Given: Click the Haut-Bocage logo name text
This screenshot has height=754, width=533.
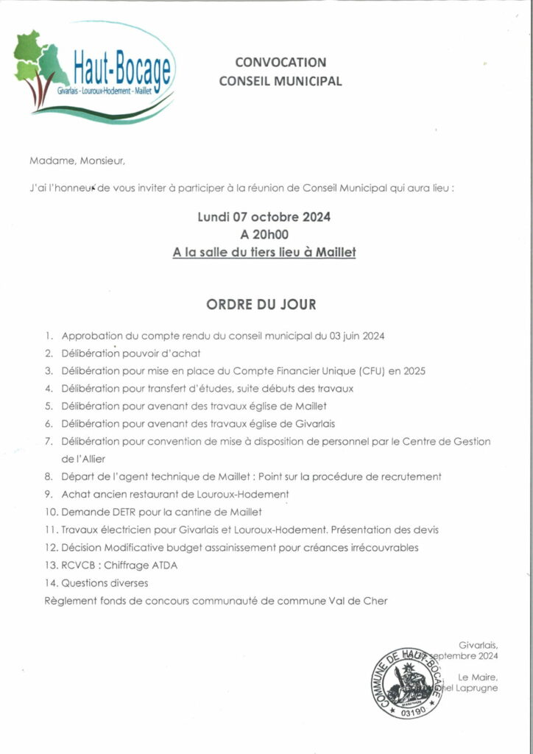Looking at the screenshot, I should pos(122,70).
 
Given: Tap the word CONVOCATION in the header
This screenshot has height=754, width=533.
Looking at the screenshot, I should pos(280,63).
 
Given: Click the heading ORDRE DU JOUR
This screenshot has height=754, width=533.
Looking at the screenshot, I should pos(261,304).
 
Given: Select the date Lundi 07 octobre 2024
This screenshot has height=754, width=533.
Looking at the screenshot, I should pos(264,217).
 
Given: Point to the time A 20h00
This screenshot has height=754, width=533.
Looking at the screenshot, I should pos(264,235).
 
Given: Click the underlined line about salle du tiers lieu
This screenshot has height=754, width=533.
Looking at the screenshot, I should pos(264,252).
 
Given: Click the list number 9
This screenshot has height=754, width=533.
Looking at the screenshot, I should pos(49,493).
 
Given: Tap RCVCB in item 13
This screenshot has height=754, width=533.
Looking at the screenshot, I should pos(80,565).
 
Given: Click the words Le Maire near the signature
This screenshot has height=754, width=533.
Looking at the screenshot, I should pos(478,677).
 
